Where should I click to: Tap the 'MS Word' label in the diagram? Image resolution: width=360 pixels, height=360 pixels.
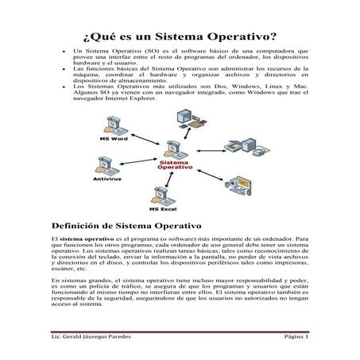(x=114, y=137)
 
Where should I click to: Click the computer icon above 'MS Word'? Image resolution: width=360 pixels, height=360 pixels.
(x=113, y=124)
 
